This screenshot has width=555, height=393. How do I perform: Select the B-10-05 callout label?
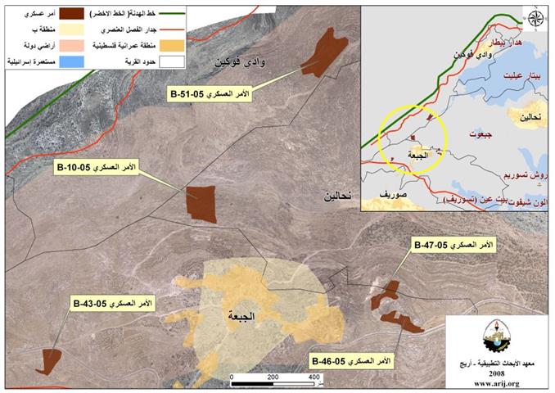(97, 167)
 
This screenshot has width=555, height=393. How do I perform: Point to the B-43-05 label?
(115, 303)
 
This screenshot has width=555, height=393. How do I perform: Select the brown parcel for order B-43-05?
(49, 360)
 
